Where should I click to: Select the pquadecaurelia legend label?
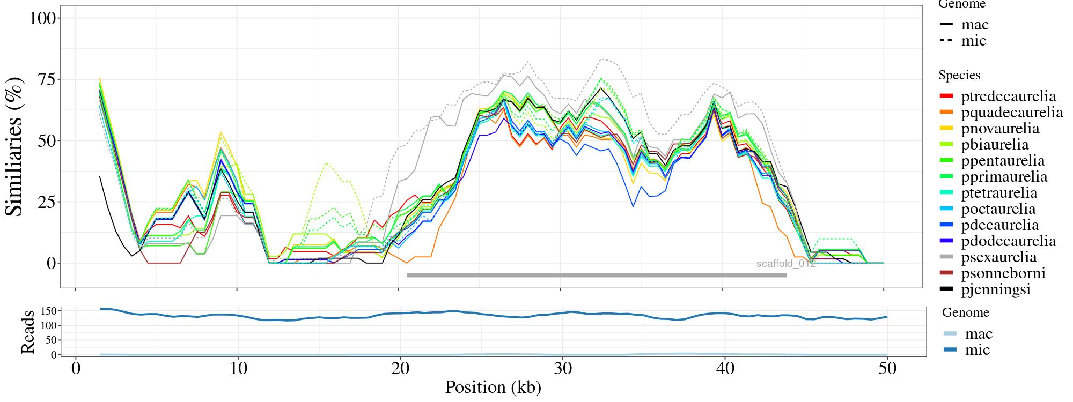(x=1012, y=113)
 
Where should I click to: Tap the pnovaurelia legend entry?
(x=1000, y=129)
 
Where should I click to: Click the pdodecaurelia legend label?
(x=1008, y=241)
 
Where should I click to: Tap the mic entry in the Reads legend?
(x=977, y=350)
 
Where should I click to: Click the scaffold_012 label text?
(x=786, y=264)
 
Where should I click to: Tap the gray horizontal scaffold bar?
(x=596, y=276)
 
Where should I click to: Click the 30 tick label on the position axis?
(x=562, y=370)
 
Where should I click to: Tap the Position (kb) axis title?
(x=493, y=387)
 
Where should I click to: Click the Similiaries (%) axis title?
(x=15, y=146)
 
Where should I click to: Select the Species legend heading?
(x=959, y=75)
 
